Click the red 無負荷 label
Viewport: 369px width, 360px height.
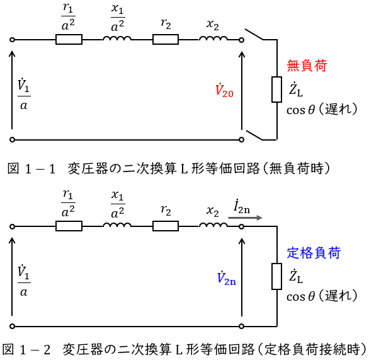pyautogui.click(x=307, y=66)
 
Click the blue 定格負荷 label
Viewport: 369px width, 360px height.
pyautogui.click(x=314, y=253)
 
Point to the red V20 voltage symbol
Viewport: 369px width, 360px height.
pyautogui.click(x=224, y=90)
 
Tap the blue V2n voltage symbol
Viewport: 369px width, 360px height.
pyautogui.click(x=226, y=277)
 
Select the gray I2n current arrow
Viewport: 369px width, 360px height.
pyautogui.click(x=245, y=218)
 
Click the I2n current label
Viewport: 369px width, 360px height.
pyautogui.click(x=242, y=207)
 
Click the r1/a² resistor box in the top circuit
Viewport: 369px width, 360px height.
pyautogui.click(x=69, y=39)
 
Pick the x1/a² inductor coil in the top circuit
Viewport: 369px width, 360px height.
pyautogui.click(x=117, y=38)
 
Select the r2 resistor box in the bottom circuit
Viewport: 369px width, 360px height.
pyautogui.click(x=166, y=226)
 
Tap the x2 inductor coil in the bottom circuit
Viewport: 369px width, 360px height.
pyautogui.click(x=213, y=225)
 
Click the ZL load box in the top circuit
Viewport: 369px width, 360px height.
pyautogui.click(x=277, y=90)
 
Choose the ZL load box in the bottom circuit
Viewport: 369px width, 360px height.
pyautogui.click(x=277, y=276)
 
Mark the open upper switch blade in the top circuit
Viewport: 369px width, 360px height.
pyautogui.click(x=254, y=35)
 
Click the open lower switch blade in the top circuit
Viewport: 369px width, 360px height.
pyautogui.click(x=254, y=135)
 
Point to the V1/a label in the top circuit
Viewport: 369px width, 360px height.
pyautogui.click(x=24, y=95)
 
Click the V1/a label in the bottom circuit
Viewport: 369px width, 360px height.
pyautogui.click(x=24, y=281)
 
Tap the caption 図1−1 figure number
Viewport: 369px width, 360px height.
pyautogui.click(x=31, y=169)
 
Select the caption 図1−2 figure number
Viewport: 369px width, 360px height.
pyautogui.click(x=26, y=349)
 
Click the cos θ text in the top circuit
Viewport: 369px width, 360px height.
pyautogui.click(x=300, y=110)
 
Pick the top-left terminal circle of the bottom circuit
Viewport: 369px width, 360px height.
pyautogui.click(x=12, y=226)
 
